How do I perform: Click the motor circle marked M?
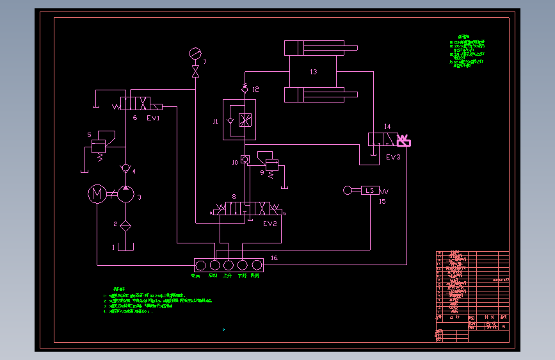click(97, 193)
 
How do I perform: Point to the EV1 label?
click(153, 119)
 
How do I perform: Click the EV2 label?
click(269, 224)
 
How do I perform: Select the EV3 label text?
click(393, 157)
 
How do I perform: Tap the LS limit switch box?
click(370, 190)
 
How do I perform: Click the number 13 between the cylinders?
click(313, 72)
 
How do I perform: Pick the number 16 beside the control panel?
click(274, 258)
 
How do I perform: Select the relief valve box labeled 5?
click(100, 147)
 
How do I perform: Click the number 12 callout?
click(255, 89)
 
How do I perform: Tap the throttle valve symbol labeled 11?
click(244, 120)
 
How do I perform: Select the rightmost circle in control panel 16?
click(257, 265)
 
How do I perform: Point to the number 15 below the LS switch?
click(382, 202)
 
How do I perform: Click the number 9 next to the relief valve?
click(261, 172)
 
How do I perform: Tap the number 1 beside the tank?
click(113, 247)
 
